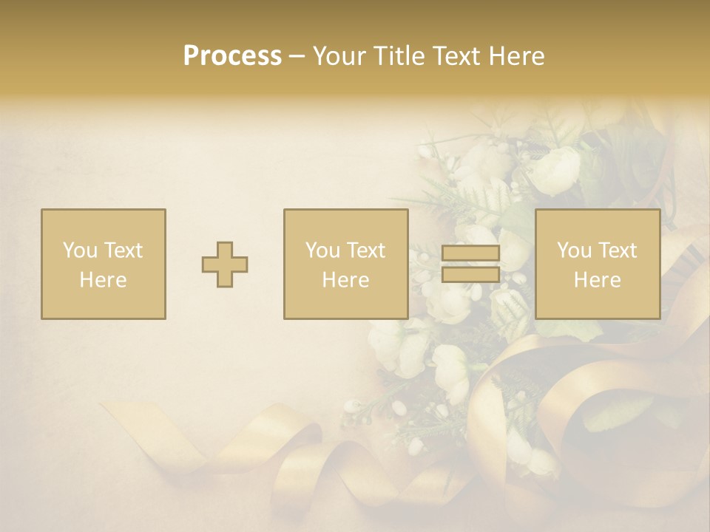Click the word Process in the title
232,56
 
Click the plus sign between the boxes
225,265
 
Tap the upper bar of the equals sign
470,253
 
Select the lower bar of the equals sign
470,275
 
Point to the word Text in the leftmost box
122,250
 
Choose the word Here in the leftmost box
103,280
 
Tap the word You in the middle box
322,250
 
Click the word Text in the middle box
365,250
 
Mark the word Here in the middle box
345,280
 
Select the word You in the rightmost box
574,250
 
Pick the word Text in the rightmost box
617,250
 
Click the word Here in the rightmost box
597,280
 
